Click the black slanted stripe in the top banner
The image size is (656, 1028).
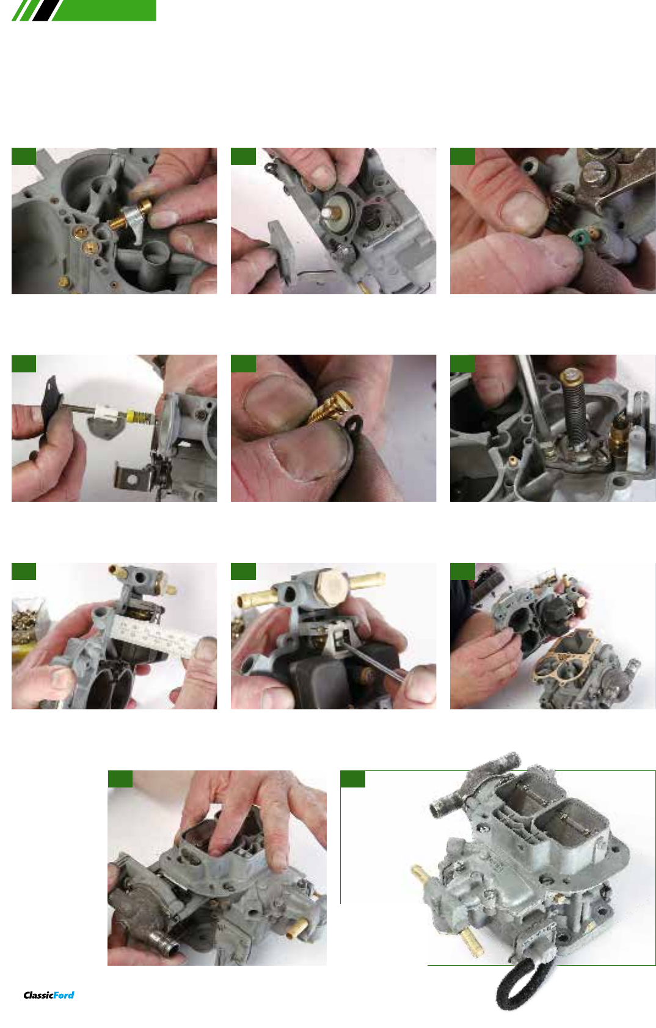(46, 10)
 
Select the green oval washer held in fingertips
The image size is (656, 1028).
(575, 237)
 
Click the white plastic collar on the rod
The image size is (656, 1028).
(106, 413)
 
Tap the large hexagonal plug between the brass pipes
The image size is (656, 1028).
(330, 588)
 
